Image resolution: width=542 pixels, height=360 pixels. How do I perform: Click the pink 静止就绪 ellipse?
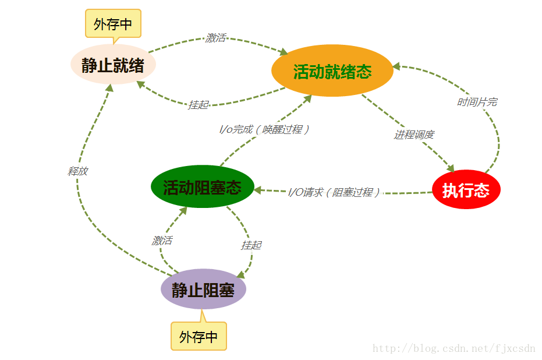113,65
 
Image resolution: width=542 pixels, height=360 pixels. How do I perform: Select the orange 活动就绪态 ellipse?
332,70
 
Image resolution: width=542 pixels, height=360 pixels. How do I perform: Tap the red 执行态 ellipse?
466,189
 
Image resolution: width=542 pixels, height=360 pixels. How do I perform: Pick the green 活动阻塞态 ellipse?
202,187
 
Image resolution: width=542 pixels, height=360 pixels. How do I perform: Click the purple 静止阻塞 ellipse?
203,290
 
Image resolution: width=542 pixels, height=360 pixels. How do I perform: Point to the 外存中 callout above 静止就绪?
113,24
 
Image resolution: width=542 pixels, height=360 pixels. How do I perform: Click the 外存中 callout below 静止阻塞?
199,336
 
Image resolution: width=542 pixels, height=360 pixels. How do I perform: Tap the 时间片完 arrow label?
477,102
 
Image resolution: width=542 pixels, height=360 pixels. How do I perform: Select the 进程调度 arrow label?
414,135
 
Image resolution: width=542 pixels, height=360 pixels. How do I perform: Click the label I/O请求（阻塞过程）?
334,192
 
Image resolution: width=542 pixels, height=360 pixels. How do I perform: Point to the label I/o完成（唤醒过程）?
264,129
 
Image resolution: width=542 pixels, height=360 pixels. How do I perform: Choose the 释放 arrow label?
77,171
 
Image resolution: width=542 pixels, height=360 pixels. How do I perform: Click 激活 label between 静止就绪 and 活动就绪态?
215,38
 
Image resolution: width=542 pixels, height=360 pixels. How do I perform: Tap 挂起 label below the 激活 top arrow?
198,105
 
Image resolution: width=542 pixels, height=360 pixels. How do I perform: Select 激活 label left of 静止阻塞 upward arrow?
162,240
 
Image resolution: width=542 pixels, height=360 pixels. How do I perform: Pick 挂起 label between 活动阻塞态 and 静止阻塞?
251,245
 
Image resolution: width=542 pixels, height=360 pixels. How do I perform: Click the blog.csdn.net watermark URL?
454,348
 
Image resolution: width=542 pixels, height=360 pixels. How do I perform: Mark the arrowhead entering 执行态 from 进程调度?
450,168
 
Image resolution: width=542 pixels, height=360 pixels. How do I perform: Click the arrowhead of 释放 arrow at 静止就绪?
109,87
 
